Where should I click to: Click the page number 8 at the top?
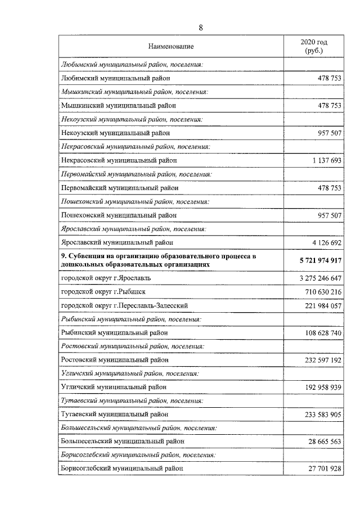click(201, 28)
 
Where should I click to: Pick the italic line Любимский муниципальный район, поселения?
click(130, 65)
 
